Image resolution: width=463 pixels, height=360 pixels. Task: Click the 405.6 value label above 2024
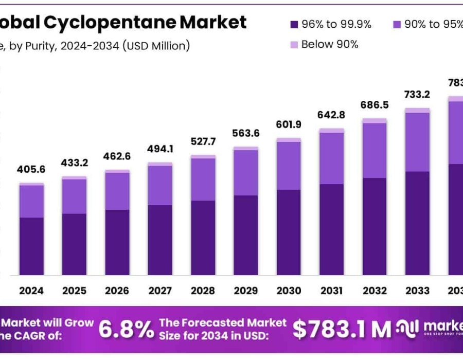pos(32,169)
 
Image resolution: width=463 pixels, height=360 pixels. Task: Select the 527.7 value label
pos(203,141)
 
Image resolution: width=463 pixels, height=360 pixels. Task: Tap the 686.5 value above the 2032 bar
pos(374,104)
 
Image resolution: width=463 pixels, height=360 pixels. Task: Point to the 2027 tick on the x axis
pos(161,291)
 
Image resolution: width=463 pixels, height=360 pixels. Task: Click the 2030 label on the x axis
pos(289,291)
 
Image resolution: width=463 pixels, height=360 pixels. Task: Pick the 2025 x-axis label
pos(75,291)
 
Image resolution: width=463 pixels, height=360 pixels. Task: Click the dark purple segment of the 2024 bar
pos(32,246)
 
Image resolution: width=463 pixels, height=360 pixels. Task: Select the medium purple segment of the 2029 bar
pos(246,172)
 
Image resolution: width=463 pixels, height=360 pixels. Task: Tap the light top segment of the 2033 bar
pos(417,110)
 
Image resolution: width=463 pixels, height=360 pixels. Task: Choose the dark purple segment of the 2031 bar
pos(331,229)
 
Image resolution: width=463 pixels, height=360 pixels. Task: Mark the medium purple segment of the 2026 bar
pos(117,191)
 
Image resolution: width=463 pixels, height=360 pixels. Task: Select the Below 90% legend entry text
pos(330,44)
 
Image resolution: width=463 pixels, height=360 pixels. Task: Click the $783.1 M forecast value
pos(342,330)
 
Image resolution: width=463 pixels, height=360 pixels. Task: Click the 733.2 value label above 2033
pos(417,95)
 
